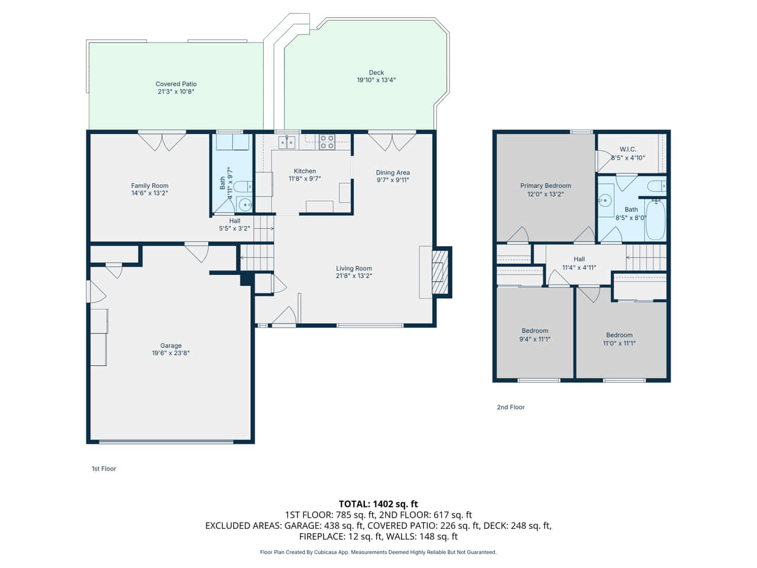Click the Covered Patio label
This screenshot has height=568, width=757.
coord(176,84)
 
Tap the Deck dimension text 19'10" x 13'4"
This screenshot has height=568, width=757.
coord(376,80)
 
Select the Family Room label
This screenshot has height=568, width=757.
coord(150,186)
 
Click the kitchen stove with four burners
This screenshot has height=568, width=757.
coord(326,142)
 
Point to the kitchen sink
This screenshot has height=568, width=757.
coord(287,142)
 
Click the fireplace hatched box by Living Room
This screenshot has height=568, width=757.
coord(440,272)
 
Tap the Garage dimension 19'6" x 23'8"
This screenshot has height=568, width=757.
coord(171,353)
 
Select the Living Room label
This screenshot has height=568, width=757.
coord(354,268)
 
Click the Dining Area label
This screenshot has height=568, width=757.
coord(393,172)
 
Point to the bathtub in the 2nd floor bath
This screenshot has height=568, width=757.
coord(655,220)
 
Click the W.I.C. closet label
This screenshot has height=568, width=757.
coord(627,149)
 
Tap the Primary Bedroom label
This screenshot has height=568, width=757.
coord(546,186)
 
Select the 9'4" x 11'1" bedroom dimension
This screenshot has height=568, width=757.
coord(535,339)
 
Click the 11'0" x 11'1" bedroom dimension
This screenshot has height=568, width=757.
coord(619,343)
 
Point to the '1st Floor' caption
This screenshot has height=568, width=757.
coord(104,469)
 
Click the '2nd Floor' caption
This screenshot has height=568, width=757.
coord(511,407)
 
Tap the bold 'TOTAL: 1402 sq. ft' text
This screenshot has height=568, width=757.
coord(378,504)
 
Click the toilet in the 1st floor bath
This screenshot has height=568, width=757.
coord(243,187)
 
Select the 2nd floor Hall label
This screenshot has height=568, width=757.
coord(579,259)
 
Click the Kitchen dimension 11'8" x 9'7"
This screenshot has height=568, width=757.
coord(305,179)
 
